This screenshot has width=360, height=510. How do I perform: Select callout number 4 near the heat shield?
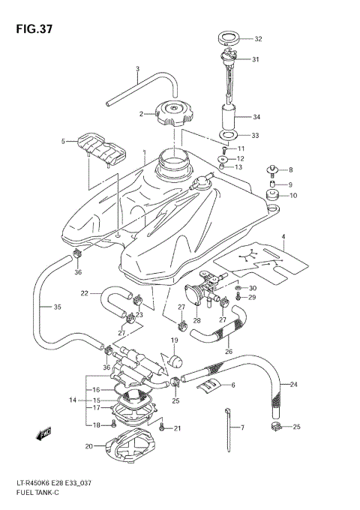(283, 237)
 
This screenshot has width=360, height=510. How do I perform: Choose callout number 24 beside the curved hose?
(294, 385)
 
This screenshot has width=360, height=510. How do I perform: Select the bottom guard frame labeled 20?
(127, 451)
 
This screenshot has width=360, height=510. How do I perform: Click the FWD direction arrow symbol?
(44, 433)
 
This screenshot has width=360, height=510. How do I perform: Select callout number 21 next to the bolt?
(178, 428)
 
